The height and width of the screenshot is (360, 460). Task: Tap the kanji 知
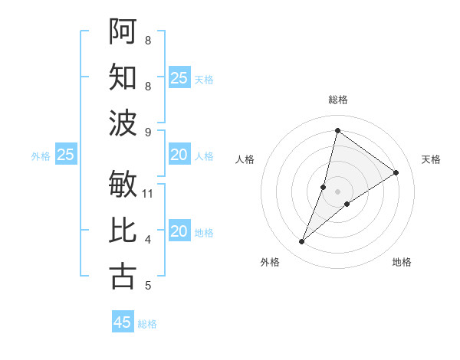[x=123, y=77]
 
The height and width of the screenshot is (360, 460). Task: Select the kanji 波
[x=123, y=123]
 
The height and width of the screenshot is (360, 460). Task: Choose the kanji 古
[x=123, y=276]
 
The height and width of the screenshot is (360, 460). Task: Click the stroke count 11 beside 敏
[x=149, y=194]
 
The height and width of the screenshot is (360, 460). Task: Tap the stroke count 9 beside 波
[x=148, y=133]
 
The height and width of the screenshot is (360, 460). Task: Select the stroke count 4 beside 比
[x=148, y=240]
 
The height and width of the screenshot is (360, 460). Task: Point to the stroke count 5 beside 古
[x=148, y=286]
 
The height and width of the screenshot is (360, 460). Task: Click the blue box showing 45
[x=123, y=322]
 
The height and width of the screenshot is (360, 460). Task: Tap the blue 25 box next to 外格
[x=65, y=155]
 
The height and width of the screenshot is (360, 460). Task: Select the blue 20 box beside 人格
[x=179, y=155]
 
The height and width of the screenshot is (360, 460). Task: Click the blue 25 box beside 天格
[x=179, y=78]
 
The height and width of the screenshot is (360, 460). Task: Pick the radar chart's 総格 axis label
[x=337, y=100]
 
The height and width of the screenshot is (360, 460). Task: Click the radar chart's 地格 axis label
[x=402, y=262]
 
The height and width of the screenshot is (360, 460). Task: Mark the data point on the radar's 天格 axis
[x=396, y=172]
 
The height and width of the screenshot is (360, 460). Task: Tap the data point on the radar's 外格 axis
[x=302, y=242]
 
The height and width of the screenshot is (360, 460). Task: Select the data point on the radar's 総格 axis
[x=337, y=130]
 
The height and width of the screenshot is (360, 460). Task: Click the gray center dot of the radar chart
[x=337, y=191]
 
